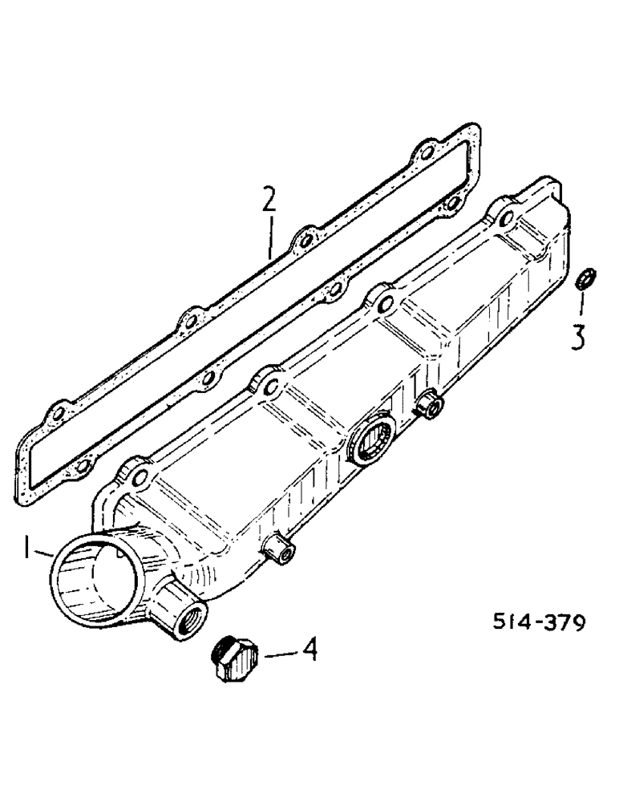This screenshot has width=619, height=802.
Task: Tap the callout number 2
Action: (x=269, y=200)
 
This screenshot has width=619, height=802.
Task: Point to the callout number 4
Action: (x=308, y=649)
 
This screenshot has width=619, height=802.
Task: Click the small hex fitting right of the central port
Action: (x=430, y=405)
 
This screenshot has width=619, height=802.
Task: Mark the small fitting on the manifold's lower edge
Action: (x=277, y=549)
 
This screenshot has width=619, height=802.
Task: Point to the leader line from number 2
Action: (x=272, y=236)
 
